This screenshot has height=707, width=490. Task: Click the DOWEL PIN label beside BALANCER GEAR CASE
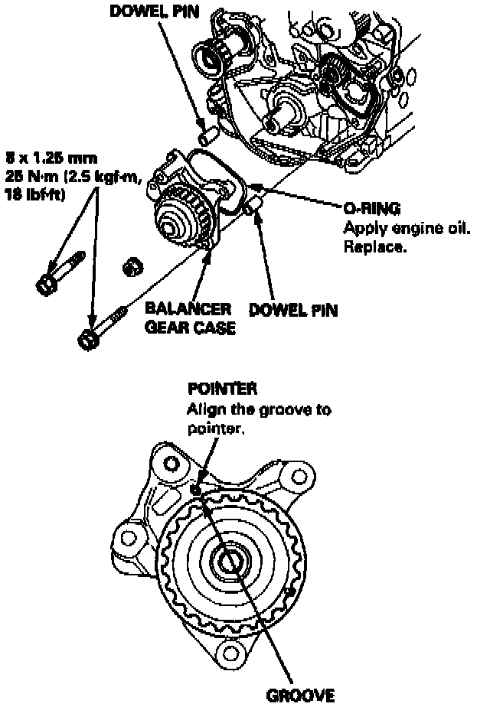(x=294, y=311)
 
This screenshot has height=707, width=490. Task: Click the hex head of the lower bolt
(x=88, y=337)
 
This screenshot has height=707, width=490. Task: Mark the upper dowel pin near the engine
(x=204, y=138)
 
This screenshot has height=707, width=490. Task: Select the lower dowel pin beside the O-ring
(x=250, y=206)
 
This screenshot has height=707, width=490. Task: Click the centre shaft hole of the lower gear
(x=230, y=563)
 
